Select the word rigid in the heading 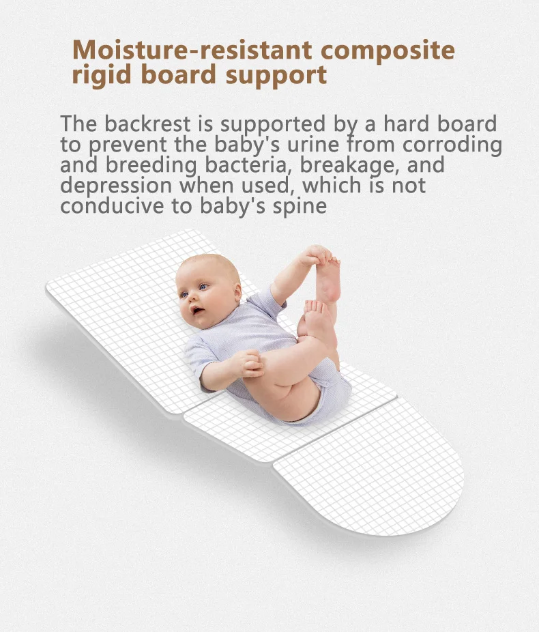click(102, 76)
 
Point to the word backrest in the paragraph click(147, 124)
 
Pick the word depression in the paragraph click(116, 186)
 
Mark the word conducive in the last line click(112, 205)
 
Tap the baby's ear click(237, 292)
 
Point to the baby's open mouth click(196, 311)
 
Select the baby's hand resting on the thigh click(248, 364)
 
